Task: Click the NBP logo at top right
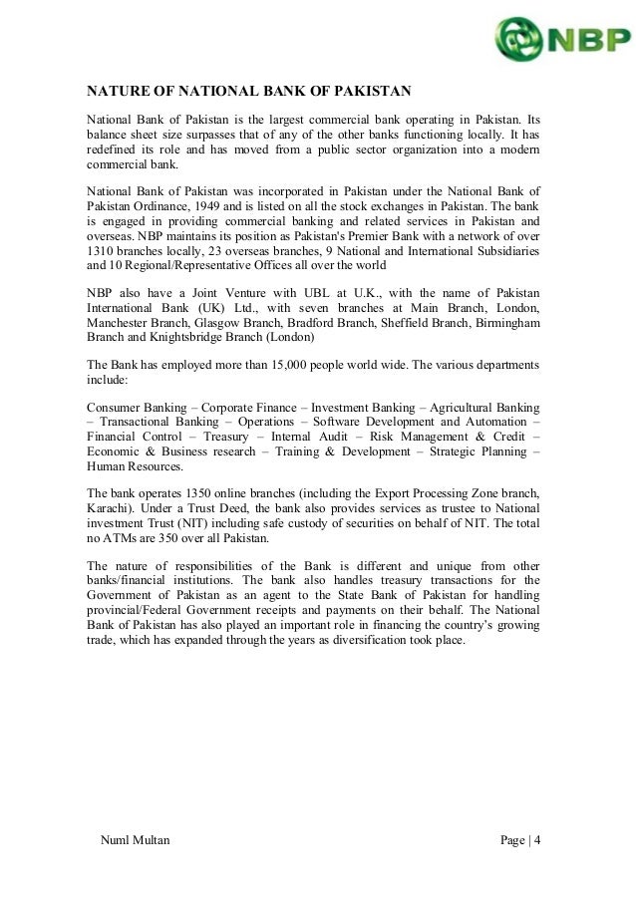pos(560,40)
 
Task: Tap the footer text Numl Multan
pos(136,840)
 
